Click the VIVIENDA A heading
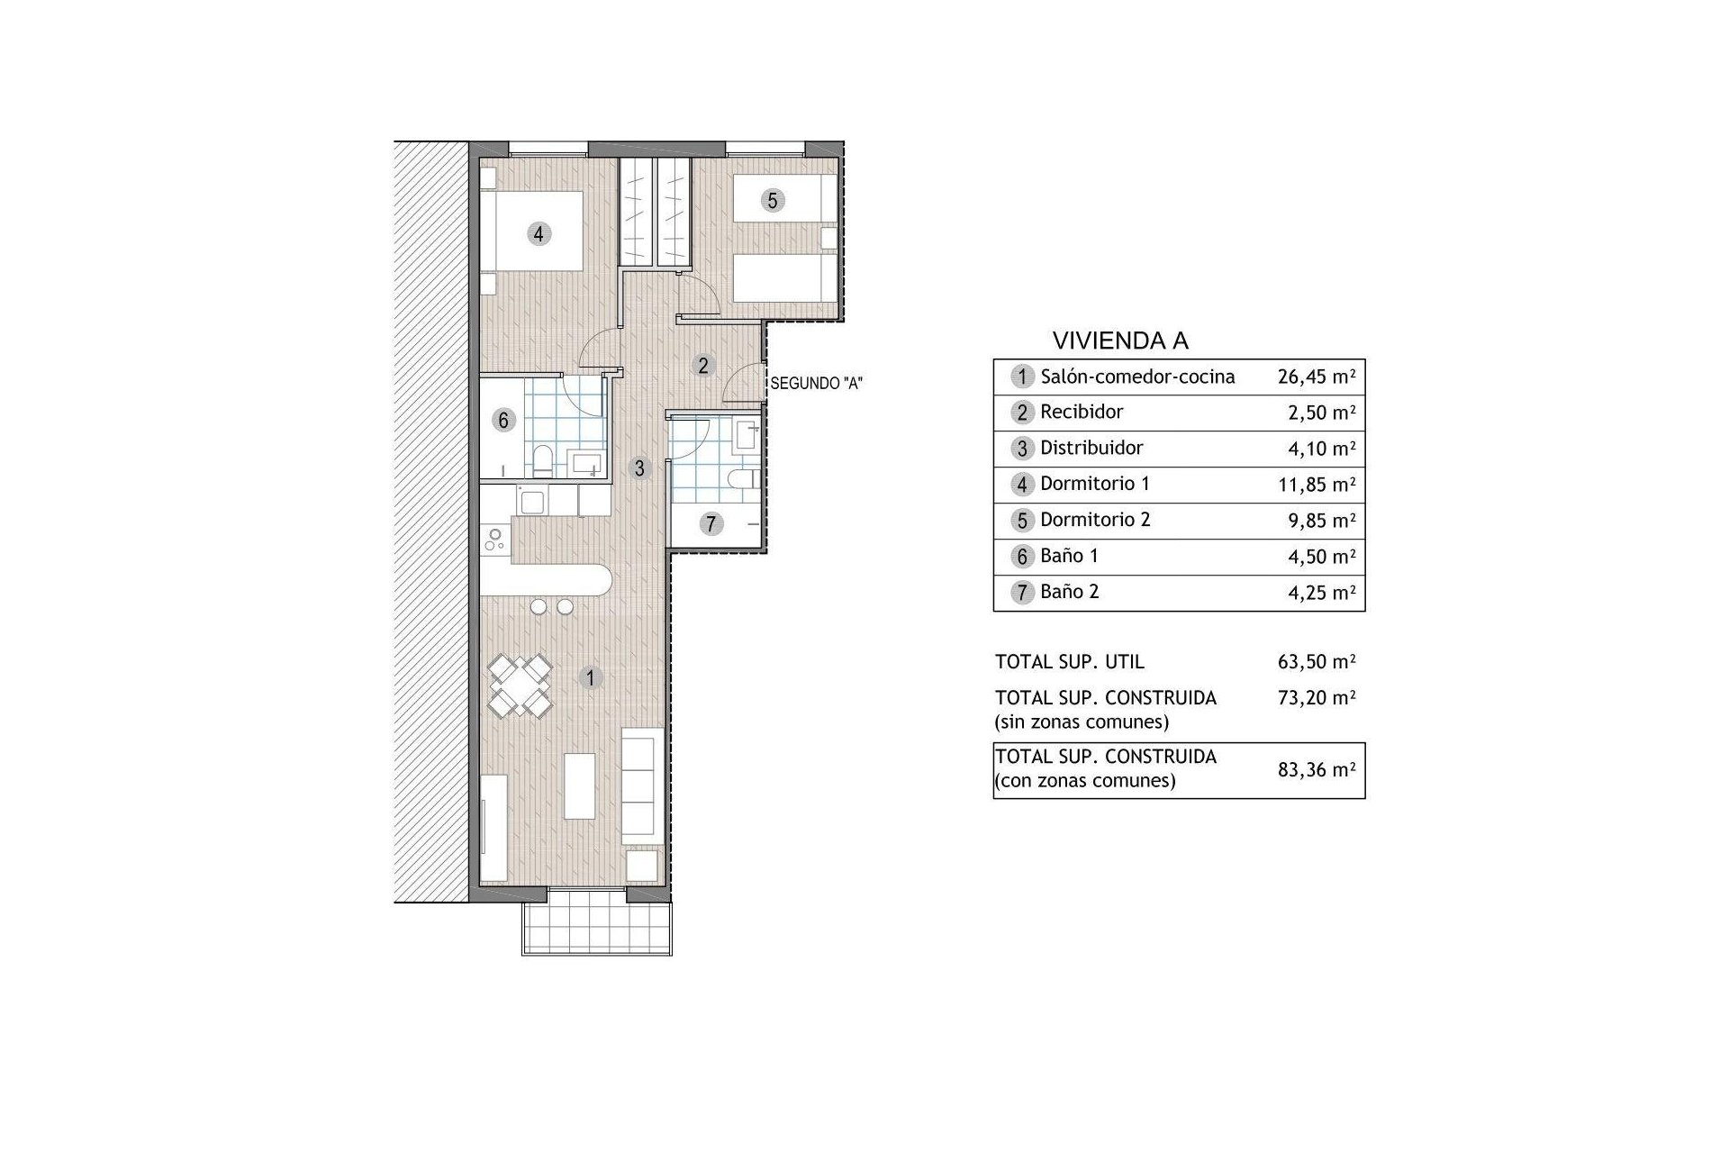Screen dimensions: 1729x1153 click(1120, 340)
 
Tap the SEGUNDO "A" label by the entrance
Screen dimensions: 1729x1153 click(817, 383)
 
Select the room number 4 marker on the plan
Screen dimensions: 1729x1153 click(539, 234)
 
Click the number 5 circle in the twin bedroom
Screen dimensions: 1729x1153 click(772, 200)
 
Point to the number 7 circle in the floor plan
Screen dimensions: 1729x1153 click(711, 523)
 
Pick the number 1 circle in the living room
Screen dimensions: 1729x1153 click(590, 677)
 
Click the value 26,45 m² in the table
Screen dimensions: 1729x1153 click(1317, 376)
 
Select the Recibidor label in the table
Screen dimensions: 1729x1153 click(1082, 412)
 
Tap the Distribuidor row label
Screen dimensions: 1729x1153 click(1091, 448)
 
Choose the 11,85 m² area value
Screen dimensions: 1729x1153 click(1317, 484)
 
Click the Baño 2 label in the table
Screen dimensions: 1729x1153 click(1069, 592)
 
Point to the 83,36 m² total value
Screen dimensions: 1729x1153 click(1317, 769)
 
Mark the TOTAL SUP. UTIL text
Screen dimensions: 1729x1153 click(1070, 662)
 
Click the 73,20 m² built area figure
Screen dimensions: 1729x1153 click(1317, 697)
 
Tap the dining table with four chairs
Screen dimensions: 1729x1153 click(521, 685)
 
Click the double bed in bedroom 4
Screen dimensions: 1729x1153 click(531, 231)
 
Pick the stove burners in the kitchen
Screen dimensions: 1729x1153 click(495, 540)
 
